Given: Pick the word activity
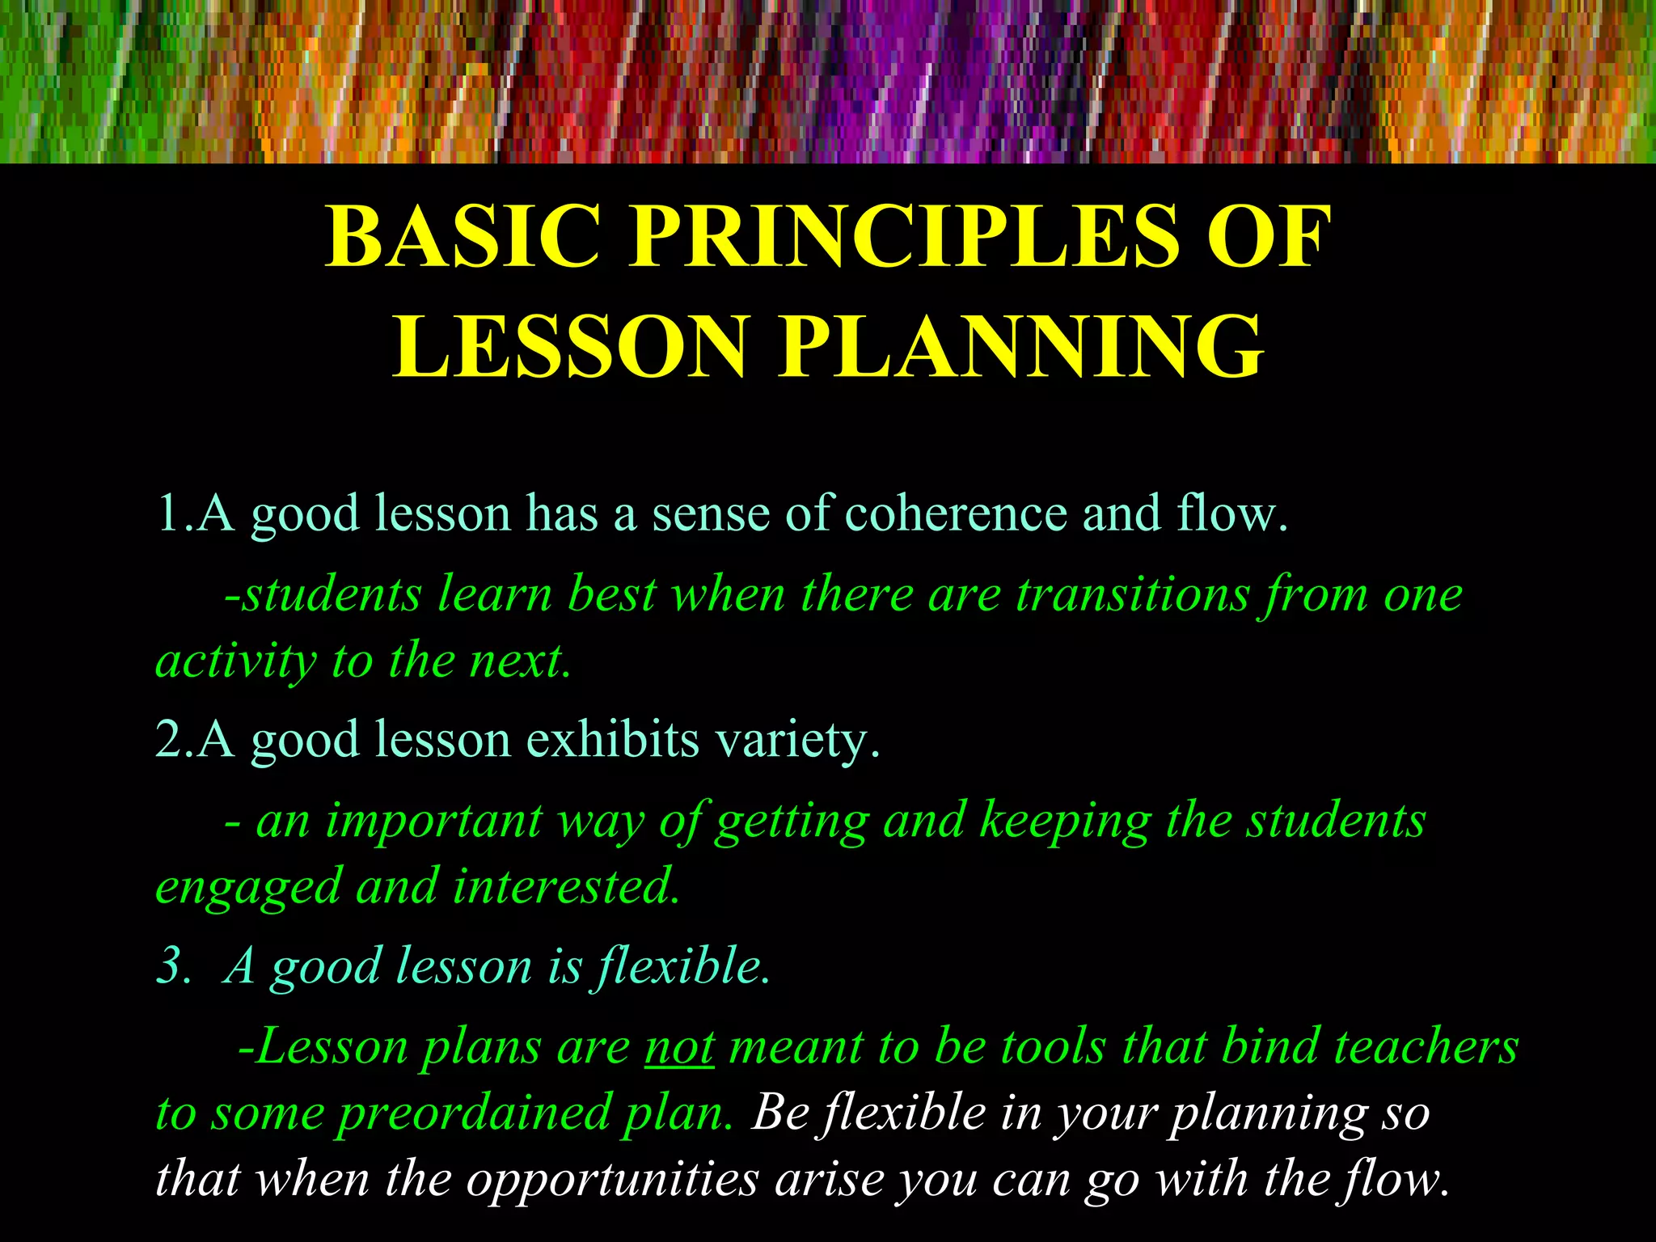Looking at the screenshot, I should point(235,661).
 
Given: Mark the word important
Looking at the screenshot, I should point(433,822).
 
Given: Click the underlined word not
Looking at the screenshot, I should point(679,1048).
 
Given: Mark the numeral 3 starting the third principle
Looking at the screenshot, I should point(171,965).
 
